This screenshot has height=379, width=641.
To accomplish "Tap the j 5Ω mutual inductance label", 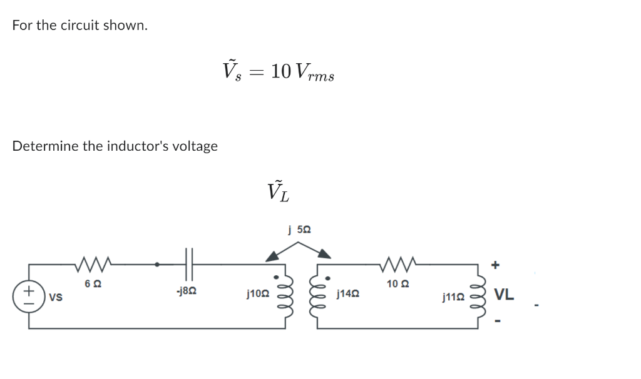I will tap(299, 230).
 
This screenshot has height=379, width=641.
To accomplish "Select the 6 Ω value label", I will tap(93, 284).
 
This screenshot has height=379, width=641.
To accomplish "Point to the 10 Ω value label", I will tap(398, 284).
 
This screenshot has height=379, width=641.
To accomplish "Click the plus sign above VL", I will tap(495, 265).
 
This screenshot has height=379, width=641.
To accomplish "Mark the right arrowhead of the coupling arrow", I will tap(325, 253).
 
